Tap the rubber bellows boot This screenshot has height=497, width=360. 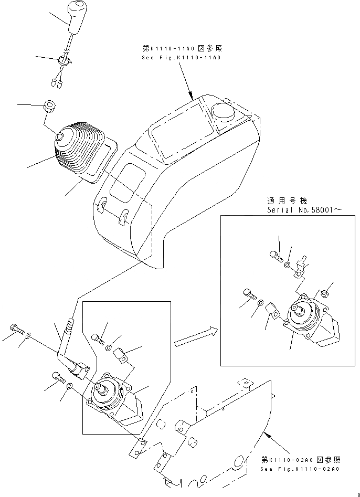(76, 149)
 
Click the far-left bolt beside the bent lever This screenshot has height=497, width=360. (15, 330)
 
